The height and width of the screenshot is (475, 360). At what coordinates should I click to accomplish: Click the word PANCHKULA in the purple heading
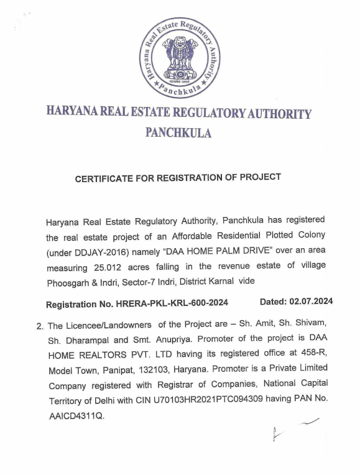pos(178,133)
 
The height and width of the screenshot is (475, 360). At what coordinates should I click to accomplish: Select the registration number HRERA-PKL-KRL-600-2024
pos(171,303)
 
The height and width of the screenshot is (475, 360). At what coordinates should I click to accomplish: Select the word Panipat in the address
pos(118,369)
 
